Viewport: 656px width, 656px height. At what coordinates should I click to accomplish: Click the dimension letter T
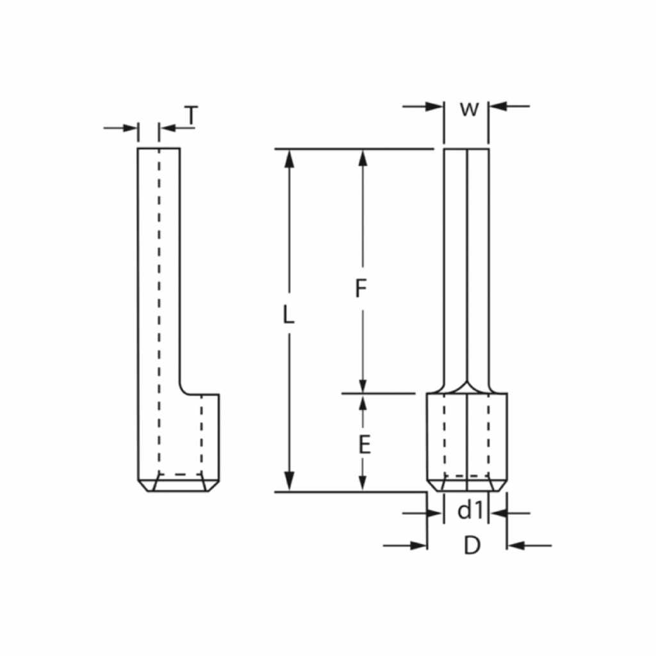coord(191,115)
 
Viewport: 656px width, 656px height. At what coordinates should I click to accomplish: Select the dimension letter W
coord(469,109)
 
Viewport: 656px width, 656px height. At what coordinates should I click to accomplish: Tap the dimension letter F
coord(361,288)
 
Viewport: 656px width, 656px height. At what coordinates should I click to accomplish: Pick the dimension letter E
coord(365,445)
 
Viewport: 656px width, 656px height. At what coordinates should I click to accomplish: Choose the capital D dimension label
coord(472,545)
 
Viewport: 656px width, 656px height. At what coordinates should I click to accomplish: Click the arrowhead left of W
coord(434,106)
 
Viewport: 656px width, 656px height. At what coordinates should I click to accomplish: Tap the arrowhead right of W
coord(498,106)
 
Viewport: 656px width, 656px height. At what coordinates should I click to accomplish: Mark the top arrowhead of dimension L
coord(289,159)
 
